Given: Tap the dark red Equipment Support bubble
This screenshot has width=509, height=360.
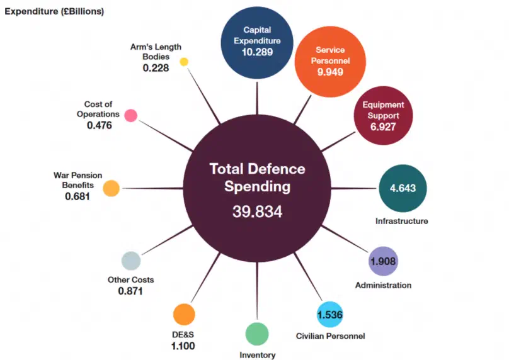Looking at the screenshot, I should [x=383, y=116].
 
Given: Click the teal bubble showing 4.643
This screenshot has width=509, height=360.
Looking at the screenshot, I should [x=402, y=188].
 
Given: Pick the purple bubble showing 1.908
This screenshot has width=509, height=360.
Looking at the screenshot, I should [x=383, y=261].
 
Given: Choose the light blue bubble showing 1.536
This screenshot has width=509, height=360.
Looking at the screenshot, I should [x=329, y=314].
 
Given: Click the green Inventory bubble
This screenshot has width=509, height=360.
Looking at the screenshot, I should [x=257, y=334].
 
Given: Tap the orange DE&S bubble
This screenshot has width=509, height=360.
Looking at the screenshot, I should [x=184, y=314].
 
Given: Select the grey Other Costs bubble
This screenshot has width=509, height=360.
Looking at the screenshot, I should [x=130, y=261].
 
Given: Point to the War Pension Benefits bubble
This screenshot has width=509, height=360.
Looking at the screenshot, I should [x=111, y=188].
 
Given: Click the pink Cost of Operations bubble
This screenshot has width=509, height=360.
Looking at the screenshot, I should [x=130, y=115].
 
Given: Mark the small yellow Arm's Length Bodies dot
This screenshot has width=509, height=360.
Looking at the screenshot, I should [x=184, y=62].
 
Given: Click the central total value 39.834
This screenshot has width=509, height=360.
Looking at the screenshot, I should [x=257, y=212].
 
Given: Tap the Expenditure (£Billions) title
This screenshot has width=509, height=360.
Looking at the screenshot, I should [x=55, y=12].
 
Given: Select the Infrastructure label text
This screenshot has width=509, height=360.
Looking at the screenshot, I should [x=402, y=221].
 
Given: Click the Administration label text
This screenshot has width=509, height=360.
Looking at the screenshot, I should [x=383, y=285].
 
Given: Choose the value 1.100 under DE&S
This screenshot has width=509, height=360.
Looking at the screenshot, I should [x=183, y=346].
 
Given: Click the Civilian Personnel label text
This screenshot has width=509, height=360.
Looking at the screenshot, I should [x=330, y=336].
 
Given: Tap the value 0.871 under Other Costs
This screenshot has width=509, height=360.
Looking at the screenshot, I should [x=130, y=291].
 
